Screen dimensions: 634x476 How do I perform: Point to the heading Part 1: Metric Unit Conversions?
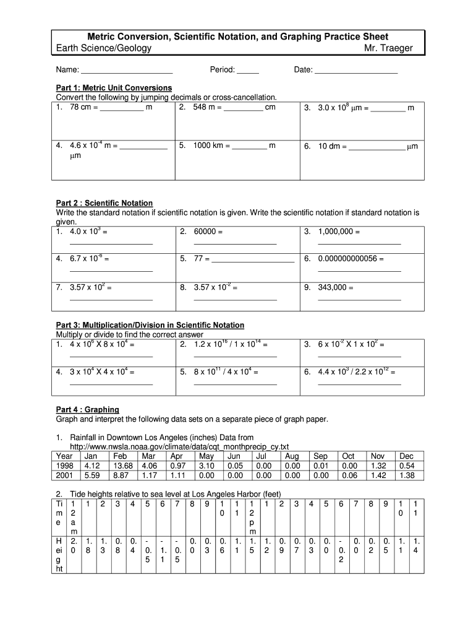[x=114, y=88]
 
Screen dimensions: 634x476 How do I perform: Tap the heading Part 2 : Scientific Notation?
[x=104, y=203]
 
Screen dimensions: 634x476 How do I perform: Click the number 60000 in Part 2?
[x=205, y=232]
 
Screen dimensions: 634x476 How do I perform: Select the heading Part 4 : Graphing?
[x=87, y=410]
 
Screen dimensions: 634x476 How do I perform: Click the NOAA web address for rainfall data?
[x=179, y=446]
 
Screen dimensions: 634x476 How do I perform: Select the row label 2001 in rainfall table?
[x=65, y=475]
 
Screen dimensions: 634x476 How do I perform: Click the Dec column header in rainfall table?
[x=407, y=456]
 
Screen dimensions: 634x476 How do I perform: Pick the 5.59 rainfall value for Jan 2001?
[x=91, y=475]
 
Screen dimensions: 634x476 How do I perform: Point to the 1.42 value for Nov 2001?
[x=378, y=475]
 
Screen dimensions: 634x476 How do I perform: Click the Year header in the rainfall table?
[x=65, y=456]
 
